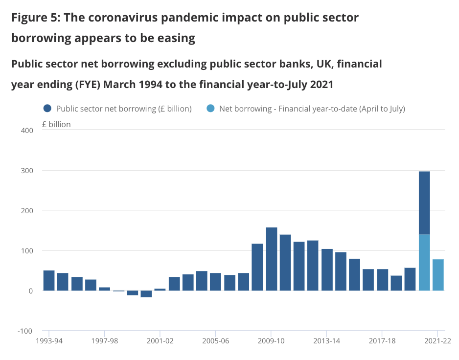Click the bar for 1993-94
pos(49,280)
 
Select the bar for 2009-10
pos(272,259)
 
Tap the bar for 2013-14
pos(327,270)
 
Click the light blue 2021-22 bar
pos(438,275)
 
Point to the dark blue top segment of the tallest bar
pos(424,202)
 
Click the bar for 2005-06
pos(216,282)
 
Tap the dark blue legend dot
pos(47,109)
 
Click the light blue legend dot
pos(210,109)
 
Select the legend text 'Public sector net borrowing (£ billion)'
pos(124,109)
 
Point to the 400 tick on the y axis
pos(26,130)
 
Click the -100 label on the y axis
pos(24,331)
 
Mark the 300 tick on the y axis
pos(26,170)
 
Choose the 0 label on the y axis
pos(30,291)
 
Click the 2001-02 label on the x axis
pos(161,341)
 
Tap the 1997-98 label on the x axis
pos(105,341)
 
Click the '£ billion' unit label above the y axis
pos(56,124)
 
